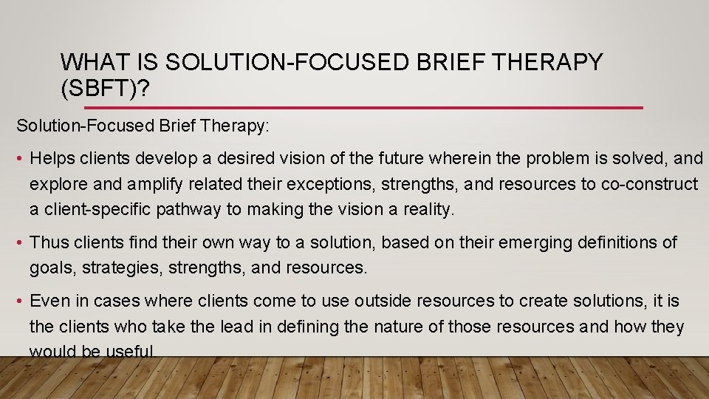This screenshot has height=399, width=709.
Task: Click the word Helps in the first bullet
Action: click(x=53, y=158)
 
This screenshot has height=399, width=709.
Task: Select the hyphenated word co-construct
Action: click(x=646, y=184)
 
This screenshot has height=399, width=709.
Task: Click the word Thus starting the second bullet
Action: click(x=48, y=242)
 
